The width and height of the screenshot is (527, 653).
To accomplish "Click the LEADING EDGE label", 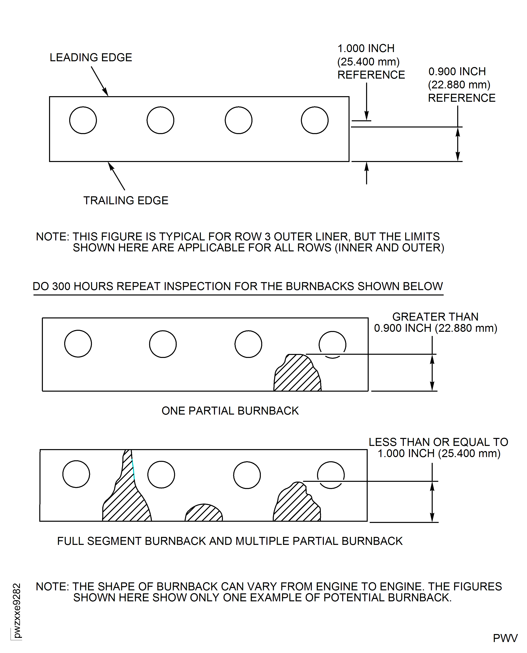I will point(91,57).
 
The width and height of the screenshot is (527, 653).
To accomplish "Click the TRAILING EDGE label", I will point(126,201).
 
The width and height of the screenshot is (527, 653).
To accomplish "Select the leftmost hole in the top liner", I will point(83,120).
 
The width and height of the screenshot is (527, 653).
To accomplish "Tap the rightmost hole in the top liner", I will point(314,120).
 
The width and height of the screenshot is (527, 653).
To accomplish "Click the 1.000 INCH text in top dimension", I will point(366,48).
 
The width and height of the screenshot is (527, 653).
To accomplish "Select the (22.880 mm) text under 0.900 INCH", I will point(459,85).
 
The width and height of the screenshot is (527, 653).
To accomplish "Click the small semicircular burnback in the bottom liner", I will point(204,514).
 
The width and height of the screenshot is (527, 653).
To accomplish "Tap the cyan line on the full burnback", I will point(133,469).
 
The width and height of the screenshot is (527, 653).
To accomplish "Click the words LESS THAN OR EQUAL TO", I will point(438,442).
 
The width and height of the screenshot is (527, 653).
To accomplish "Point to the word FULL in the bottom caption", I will point(70,541).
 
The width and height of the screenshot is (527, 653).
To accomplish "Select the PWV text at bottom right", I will point(505,638).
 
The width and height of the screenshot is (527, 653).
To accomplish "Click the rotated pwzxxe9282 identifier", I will point(17,611).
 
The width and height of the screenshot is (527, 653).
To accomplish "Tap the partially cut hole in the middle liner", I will point(332,344).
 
